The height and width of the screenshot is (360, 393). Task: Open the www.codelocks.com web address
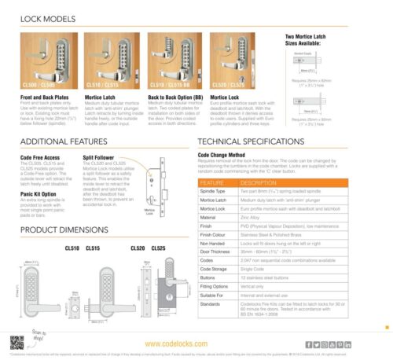196,344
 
